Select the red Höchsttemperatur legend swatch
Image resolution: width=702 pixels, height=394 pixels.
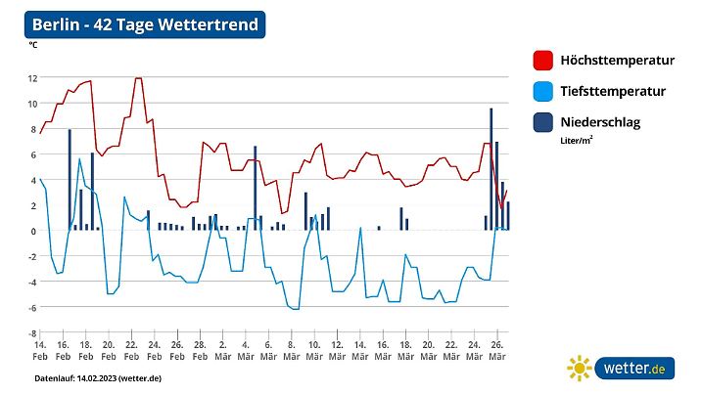(541, 61)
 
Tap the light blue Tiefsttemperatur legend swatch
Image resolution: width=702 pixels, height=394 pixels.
(541, 92)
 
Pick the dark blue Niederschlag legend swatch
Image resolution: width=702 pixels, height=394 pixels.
(541, 122)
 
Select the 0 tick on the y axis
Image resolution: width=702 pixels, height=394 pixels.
(33, 231)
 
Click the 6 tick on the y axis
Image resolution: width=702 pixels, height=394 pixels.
(33, 154)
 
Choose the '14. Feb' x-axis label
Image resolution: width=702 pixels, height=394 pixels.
(40, 351)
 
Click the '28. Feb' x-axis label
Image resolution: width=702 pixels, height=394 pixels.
(199, 351)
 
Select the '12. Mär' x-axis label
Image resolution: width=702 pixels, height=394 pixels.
(336, 351)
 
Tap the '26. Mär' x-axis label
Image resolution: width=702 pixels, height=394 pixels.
(496, 351)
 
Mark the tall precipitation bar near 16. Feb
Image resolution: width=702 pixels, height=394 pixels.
(70, 180)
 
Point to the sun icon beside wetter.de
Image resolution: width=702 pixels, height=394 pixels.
(580, 369)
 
